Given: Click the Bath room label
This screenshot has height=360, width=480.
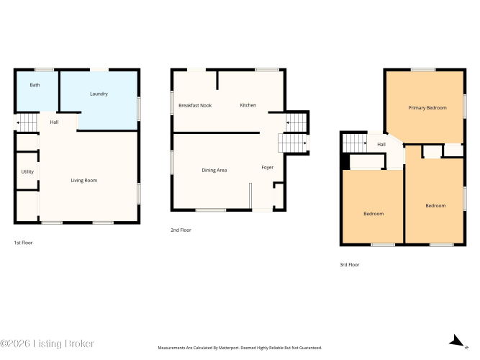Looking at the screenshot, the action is click(x=35, y=85).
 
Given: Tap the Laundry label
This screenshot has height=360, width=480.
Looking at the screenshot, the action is click(x=99, y=94).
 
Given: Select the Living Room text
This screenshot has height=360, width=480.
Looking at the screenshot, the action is click(x=84, y=181).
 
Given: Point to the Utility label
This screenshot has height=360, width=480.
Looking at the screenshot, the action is click(x=27, y=171).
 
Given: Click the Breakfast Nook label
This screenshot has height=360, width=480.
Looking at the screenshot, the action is click(x=195, y=105).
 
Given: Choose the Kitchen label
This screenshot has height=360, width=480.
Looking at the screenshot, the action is click(x=248, y=105).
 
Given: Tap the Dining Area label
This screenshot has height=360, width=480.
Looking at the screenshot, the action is click(x=214, y=171).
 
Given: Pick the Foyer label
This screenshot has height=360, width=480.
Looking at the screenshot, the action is click(x=267, y=167).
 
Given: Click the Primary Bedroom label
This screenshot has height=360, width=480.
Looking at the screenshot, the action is click(x=427, y=108).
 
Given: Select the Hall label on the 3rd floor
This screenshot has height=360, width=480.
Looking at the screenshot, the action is click(x=381, y=144).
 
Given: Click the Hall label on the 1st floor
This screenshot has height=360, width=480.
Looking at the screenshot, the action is click(x=54, y=122).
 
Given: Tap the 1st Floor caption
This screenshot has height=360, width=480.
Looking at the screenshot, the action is click(x=23, y=243).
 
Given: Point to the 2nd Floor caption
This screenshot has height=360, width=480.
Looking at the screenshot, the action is click(x=181, y=230).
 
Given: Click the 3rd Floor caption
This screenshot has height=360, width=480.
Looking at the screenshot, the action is click(x=350, y=265).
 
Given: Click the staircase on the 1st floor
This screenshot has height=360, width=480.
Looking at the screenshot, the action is click(x=26, y=122).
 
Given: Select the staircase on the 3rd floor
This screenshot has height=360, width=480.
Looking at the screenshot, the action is click(x=355, y=143).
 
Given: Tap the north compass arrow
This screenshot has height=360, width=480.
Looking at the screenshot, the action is click(x=456, y=341).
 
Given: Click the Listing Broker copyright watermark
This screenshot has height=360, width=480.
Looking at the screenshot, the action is click(x=47, y=343).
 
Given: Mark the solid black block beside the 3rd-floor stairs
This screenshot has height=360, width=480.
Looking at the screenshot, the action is click(x=345, y=161).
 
